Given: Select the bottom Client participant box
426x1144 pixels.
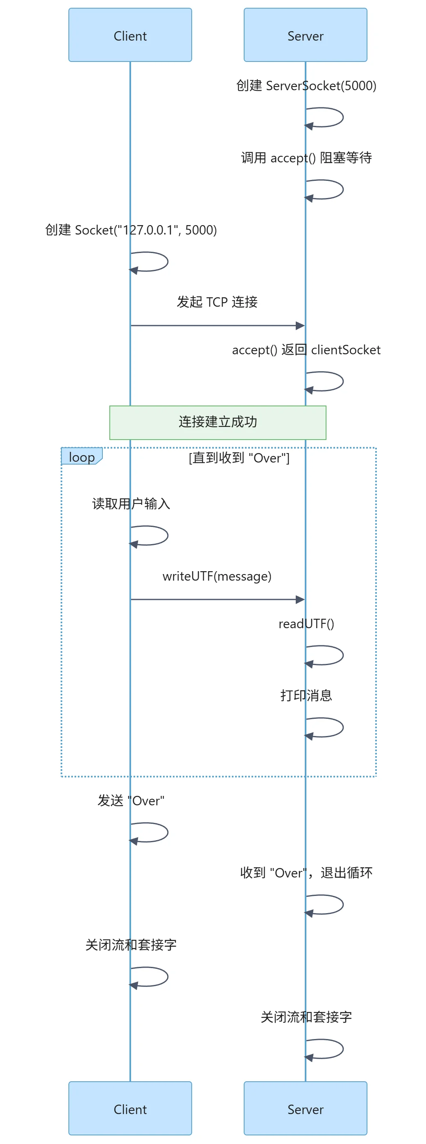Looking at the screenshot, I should pos(130,1108).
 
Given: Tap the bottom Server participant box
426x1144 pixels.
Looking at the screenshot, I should pos(305,1108).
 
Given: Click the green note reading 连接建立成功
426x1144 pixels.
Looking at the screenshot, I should pos(218,422).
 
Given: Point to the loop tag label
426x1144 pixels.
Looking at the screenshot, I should pos(82,457).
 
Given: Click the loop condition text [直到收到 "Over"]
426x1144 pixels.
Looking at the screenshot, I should pos(239,458).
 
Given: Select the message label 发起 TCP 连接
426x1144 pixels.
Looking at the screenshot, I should pos(217,302).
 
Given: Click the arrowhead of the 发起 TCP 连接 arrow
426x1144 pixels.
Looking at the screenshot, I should pos(300,326).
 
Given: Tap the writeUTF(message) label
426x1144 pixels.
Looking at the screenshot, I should pos(217,576).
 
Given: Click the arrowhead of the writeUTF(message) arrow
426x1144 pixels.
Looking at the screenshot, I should pos(300,599).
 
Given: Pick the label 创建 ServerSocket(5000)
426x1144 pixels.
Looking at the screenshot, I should pos(306,86).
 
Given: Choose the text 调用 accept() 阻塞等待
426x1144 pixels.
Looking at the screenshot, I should pos(306,157).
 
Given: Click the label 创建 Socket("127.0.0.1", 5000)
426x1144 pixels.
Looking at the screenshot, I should pos(131,230).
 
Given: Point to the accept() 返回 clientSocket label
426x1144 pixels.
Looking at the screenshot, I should pos(306,350).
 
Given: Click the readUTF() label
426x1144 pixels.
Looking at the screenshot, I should pos(306,624).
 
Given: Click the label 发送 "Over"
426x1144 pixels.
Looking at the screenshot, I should pos(131,801).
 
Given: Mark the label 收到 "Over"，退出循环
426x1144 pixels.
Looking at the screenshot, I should pos(306,873).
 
